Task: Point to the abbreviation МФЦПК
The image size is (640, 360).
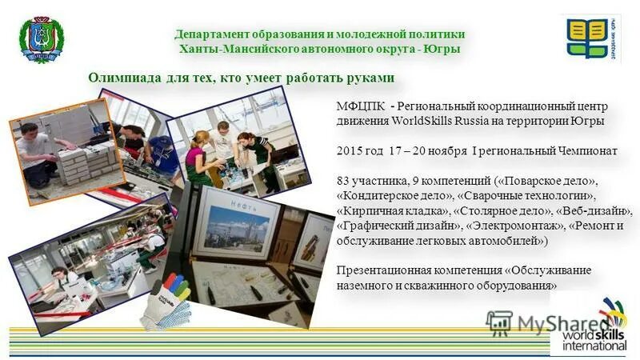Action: (360, 106)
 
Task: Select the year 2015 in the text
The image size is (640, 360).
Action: (350, 150)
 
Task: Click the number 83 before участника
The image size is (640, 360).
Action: (345, 178)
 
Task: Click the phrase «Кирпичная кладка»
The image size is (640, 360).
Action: (393, 211)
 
